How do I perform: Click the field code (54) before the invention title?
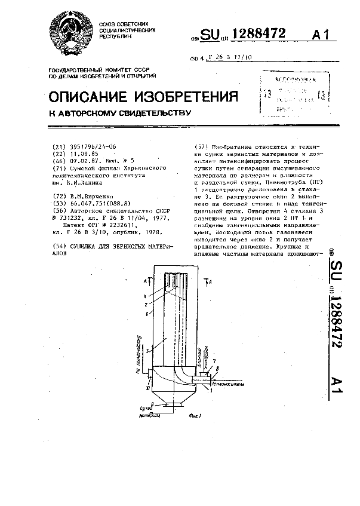(x=60, y=246)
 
